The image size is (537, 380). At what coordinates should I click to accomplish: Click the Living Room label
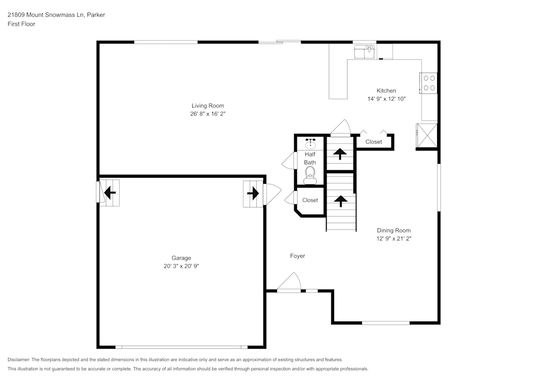208,106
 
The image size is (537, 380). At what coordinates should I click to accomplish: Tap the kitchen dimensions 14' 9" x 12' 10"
386,99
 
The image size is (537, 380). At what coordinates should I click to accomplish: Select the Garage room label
181,258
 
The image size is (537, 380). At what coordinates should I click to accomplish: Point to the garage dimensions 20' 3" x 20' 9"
182,266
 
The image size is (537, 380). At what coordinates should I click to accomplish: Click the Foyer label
297,256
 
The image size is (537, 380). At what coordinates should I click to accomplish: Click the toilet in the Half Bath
310,175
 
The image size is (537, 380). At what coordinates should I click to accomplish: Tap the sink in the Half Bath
310,144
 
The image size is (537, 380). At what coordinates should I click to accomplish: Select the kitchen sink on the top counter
365,52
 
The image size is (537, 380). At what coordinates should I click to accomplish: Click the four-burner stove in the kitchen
429,83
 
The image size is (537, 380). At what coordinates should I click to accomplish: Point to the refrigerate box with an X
427,135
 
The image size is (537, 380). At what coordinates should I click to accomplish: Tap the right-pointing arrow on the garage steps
253,192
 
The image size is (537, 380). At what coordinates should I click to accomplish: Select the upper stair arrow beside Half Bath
340,154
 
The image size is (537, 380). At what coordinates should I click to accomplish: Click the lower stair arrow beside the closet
340,201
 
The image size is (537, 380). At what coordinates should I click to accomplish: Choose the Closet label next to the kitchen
374,142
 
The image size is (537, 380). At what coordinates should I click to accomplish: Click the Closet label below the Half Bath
310,200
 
